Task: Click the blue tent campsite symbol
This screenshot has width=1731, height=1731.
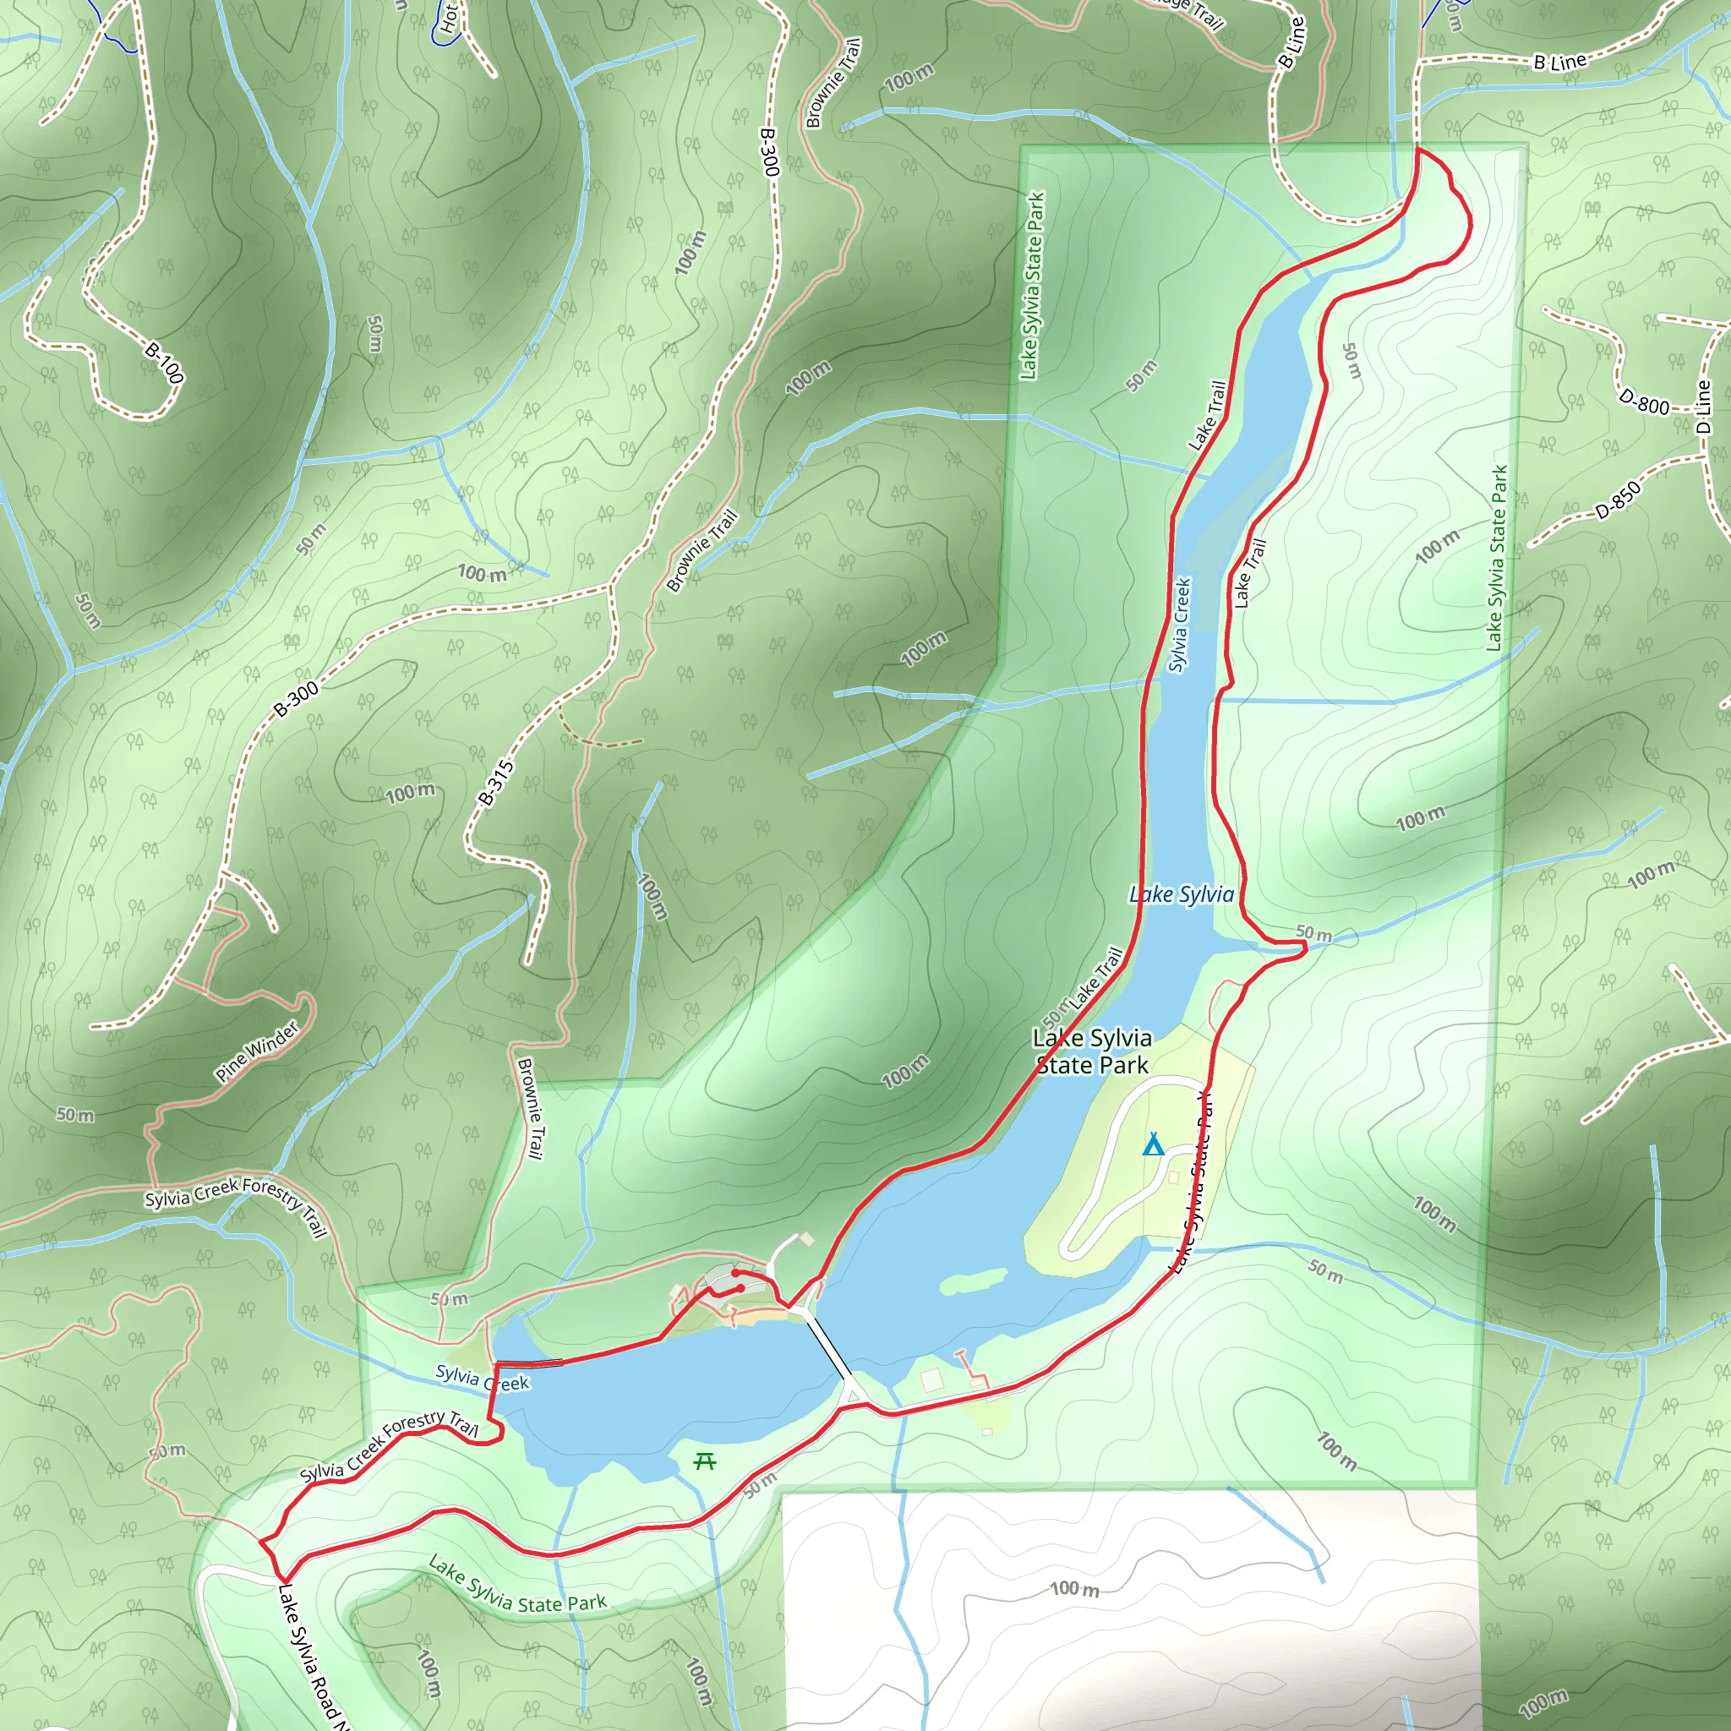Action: point(1153,1145)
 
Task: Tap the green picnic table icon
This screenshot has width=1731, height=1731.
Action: point(705,1461)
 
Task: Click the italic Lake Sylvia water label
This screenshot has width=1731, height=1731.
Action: point(1181,894)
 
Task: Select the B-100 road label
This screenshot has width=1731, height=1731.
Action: point(165,363)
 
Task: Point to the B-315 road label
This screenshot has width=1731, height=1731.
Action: point(495,782)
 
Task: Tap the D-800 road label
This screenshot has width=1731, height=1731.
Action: point(1644,401)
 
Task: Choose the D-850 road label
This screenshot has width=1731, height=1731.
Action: point(1618,500)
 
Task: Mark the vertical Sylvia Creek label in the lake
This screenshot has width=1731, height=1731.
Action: point(1180,625)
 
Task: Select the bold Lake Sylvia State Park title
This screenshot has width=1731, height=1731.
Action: point(1091,1051)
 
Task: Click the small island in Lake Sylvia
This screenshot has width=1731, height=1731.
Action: point(973,1283)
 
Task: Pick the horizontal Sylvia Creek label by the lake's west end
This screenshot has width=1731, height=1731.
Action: point(482,1378)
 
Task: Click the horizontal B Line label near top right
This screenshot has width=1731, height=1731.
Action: point(1560,62)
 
